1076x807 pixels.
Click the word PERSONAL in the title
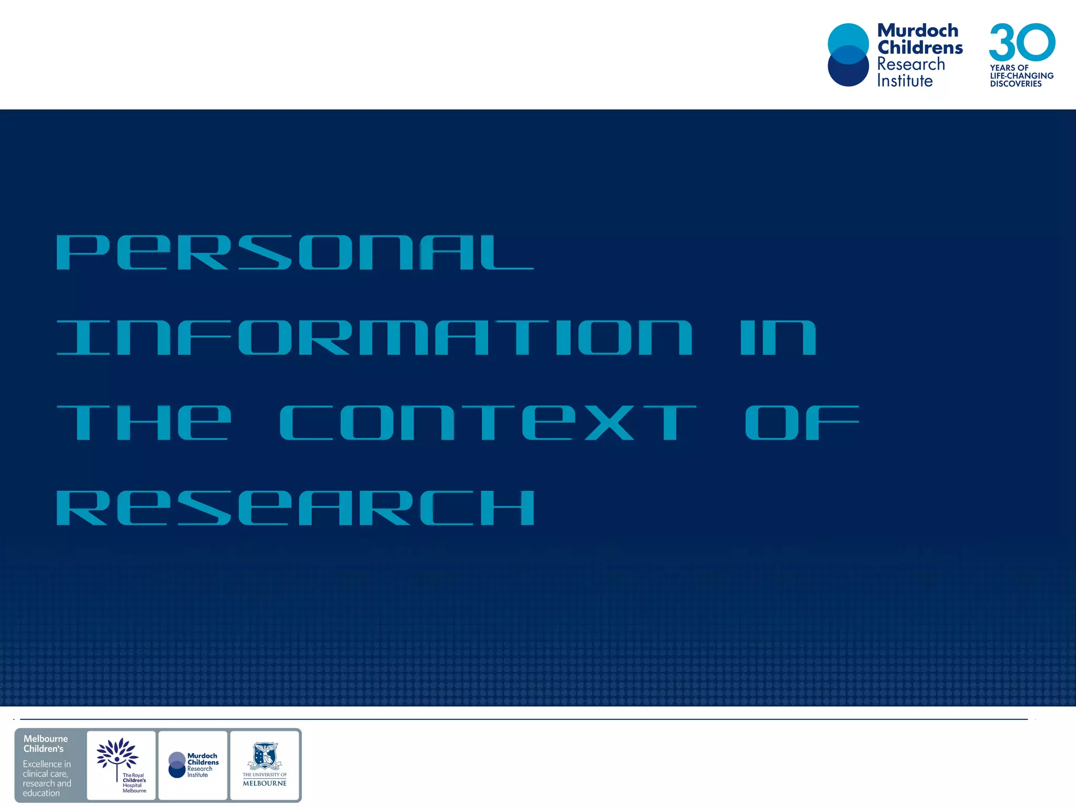coord(295,253)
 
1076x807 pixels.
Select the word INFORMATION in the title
coord(374,338)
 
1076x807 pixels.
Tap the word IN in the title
coord(778,338)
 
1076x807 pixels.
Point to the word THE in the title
coord(143,423)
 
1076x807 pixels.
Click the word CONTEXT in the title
coord(488,423)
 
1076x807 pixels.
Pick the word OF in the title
coord(802,423)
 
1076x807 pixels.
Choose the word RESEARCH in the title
coord(295,508)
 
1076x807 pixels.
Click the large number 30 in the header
coord(1022,42)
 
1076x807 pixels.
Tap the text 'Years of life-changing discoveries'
coord(1021,76)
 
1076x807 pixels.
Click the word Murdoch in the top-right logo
coord(918,30)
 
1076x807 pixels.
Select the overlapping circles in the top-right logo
coord(848,55)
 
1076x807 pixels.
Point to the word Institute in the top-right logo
coord(905,81)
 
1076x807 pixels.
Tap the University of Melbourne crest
coord(265,756)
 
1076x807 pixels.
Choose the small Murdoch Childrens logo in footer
coord(193,765)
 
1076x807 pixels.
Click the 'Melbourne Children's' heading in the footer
coord(45,743)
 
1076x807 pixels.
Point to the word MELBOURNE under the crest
coord(265,783)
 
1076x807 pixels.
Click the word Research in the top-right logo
coord(911,64)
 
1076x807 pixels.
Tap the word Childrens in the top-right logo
coord(920,47)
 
